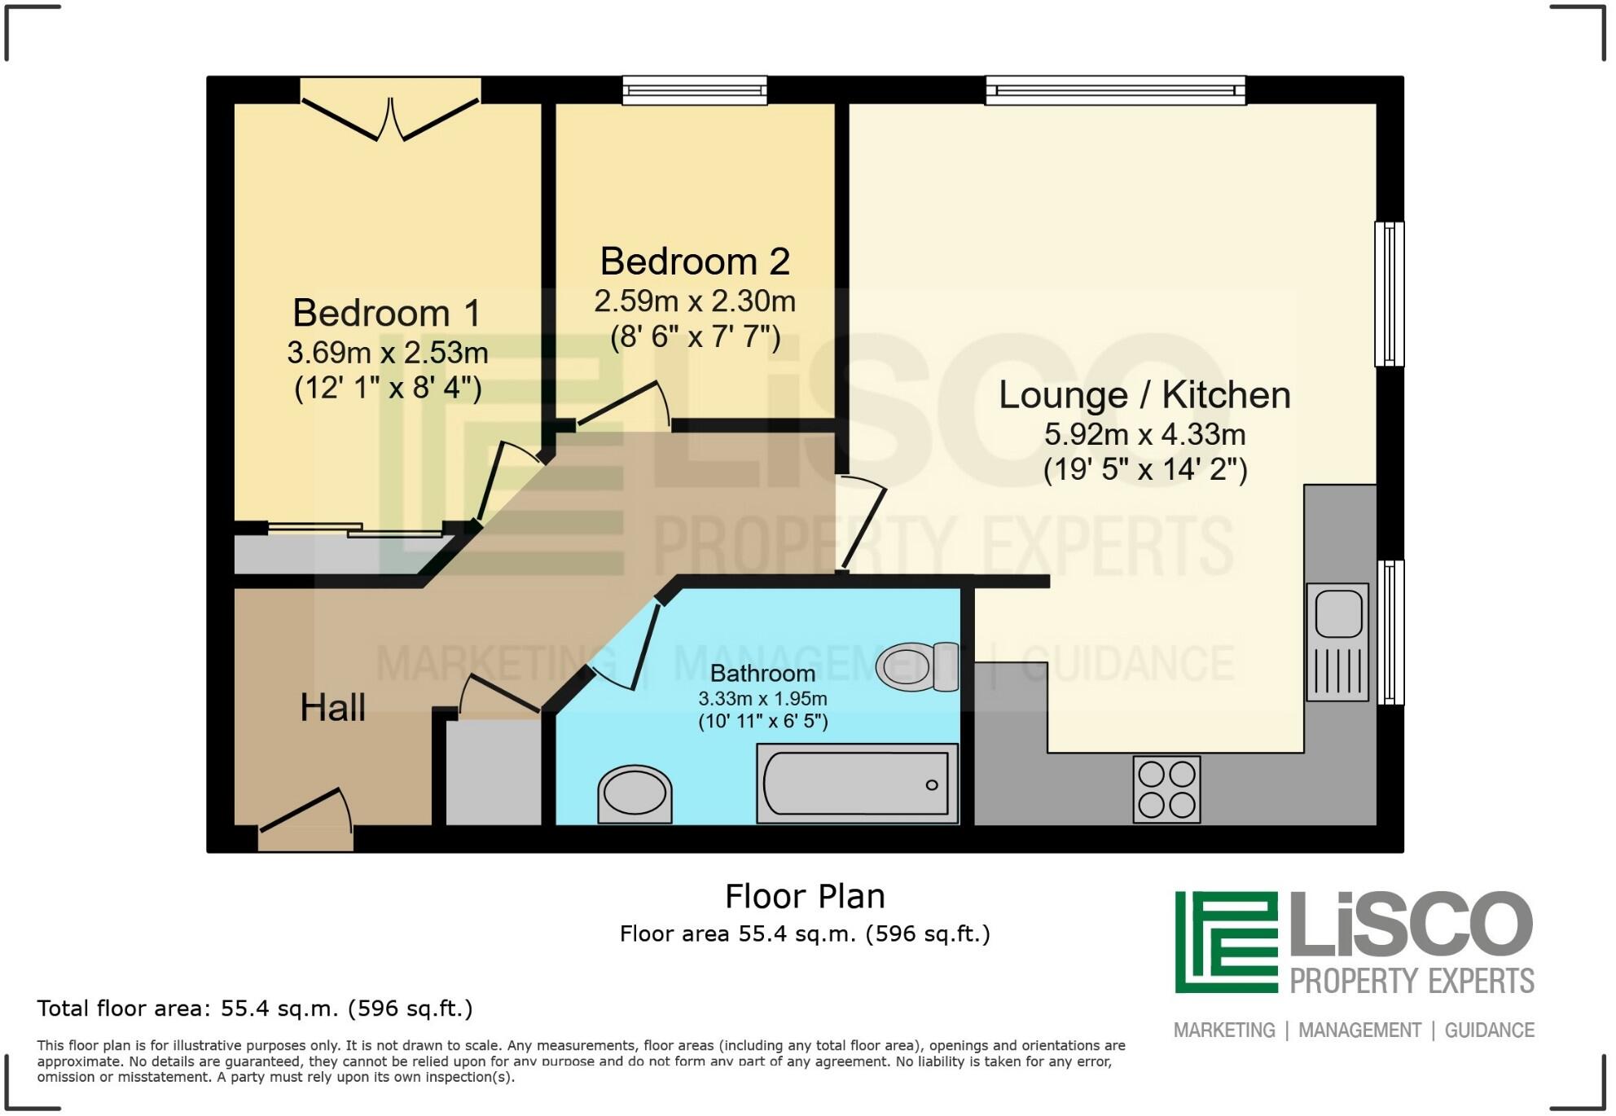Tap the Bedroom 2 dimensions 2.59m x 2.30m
point(695,301)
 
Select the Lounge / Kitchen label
point(1144,395)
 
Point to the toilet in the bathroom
point(918,666)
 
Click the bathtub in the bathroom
point(857,784)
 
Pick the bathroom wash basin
point(635,794)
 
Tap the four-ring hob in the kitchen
point(1166,789)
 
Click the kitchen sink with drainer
point(1337,642)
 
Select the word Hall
point(332,707)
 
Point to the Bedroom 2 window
point(695,90)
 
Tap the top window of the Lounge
point(1115,90)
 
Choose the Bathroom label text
point(762,674)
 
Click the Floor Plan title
point(805,896)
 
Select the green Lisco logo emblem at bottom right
point(1226,942)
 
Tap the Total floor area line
point(255,1008)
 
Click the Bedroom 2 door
point(623,405)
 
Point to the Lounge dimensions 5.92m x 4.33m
point(1144,435)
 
